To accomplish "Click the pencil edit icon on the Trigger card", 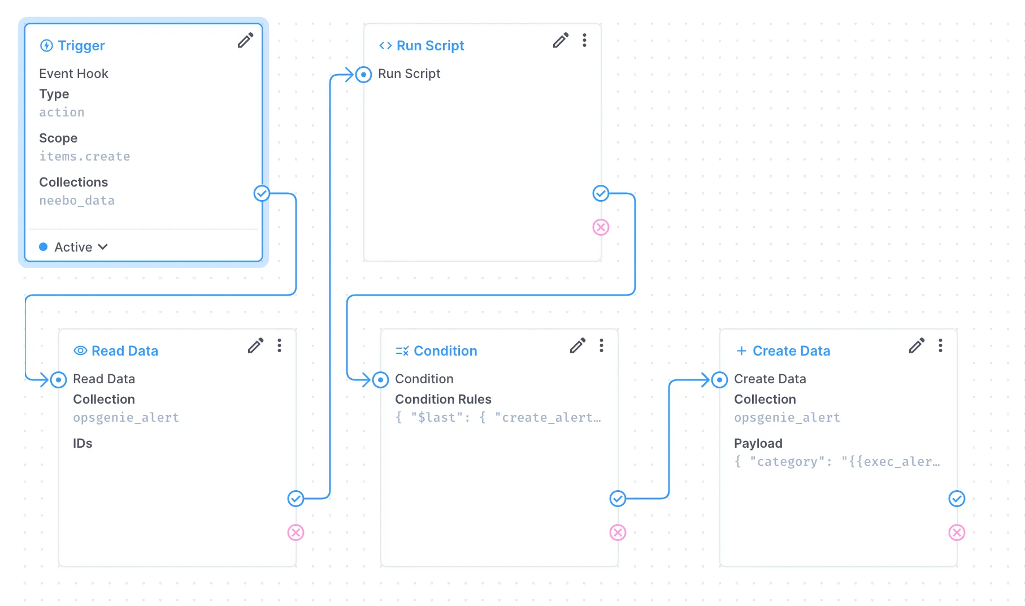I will point(245,41).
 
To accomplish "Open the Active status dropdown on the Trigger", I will point(74,247).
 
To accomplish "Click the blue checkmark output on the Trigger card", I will point(262,193).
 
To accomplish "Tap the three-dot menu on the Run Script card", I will point(584,41).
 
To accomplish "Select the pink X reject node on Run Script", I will point(601,227).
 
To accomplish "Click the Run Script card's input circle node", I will point(364,75).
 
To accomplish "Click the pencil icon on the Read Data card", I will point(255,345).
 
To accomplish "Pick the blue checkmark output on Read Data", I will point(296,499).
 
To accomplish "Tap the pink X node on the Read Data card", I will point(296,533).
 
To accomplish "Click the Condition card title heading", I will point(445,351).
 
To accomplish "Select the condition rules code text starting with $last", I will point(498,418).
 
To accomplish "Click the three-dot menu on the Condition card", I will point(601,345).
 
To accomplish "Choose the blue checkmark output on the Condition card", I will point(618,499).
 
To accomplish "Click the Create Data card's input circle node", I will point(719,380).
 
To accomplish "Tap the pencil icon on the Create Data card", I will point(917,345).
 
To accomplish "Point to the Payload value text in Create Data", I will point(837,462).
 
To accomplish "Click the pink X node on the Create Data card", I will point(957,533).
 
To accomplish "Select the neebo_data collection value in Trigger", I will point(77,201).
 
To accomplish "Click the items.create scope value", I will point(85,157).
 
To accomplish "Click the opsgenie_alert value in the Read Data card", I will point(126,418).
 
